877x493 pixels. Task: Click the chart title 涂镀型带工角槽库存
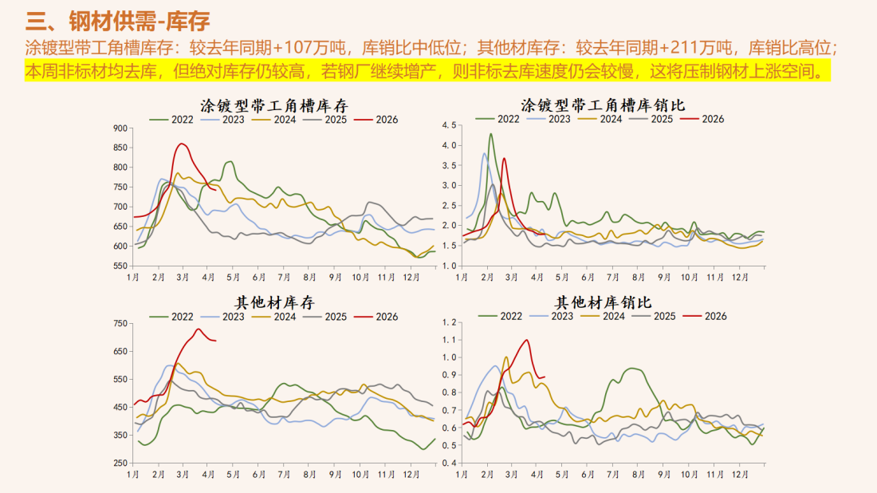(x=273, y=105)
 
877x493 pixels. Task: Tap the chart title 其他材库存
(x=273, y=303)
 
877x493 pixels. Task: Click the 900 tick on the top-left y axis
(x=120, y=128)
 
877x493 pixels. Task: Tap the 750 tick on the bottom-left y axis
(x=120, y=324)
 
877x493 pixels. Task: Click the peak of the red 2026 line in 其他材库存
(x=199, y=329)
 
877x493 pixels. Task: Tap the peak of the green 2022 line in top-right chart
(x=491, y=134)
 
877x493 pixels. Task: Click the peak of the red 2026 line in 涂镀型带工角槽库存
(x=182, y=144)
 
